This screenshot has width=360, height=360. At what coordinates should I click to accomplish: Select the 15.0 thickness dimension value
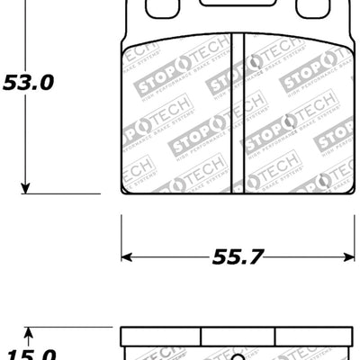click(27, 355)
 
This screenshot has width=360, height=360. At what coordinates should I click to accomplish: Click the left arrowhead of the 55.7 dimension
click(128, 256)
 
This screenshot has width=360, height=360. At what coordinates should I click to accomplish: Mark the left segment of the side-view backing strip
click(160, 335)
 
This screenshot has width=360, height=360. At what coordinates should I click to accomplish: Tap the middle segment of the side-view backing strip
click(238, 335)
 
